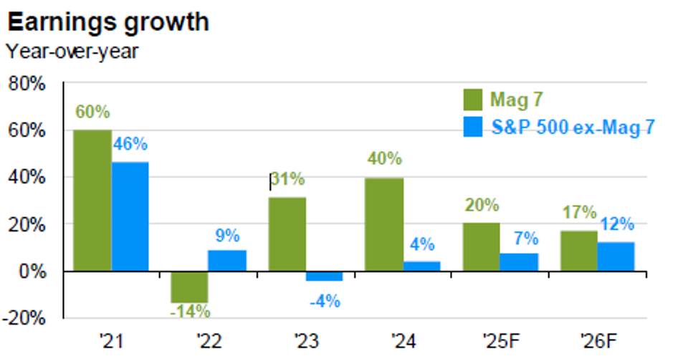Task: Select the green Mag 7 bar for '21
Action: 92,201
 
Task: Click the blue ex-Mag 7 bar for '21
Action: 130,217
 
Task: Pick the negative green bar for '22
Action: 189,287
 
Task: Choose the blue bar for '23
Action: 324,277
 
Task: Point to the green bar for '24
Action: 384,225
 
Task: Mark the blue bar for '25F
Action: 519,262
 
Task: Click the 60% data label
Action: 92,112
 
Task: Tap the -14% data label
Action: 189,312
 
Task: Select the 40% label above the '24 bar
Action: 385,159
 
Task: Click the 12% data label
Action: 617,224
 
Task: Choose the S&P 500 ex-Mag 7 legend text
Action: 573,128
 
